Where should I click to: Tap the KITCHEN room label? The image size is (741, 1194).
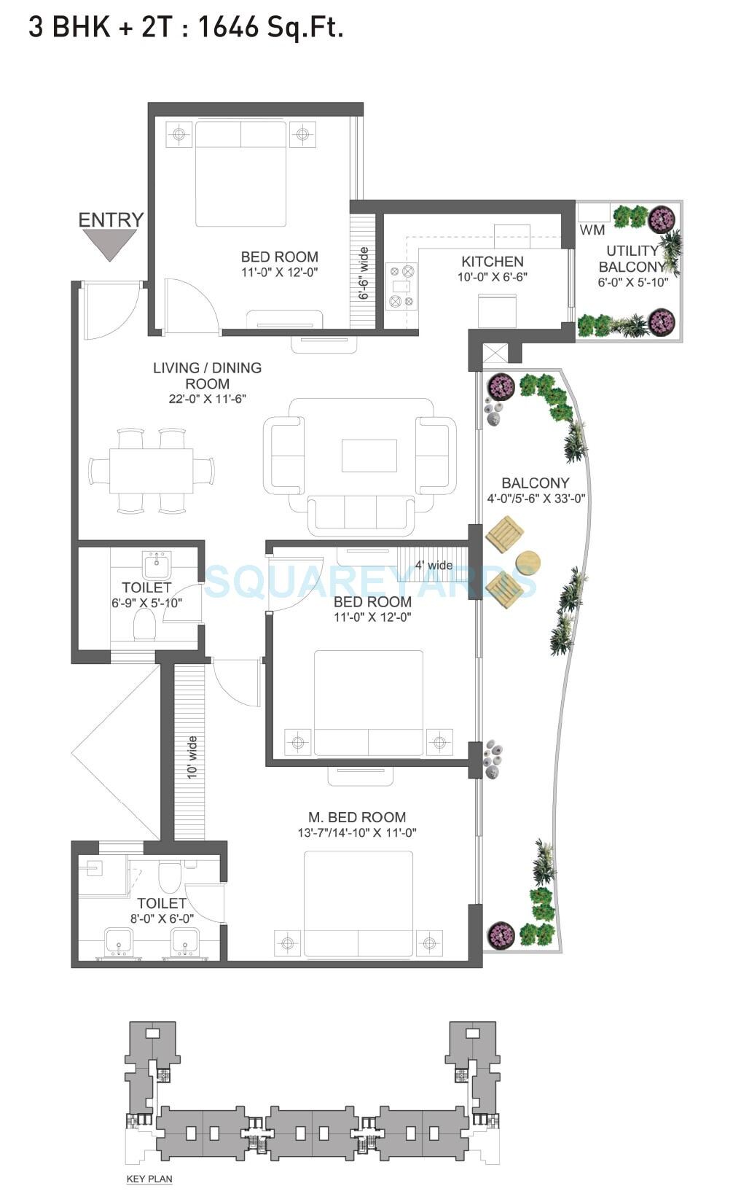pyautogui.click(x=492, y=261)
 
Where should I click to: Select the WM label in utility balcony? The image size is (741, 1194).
pyautogui.click(x=592, y=230)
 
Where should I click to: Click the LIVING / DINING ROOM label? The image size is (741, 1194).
pyautogui.click(x=207, y=375)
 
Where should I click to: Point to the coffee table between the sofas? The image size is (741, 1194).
pyautogui.click(x=369, y=456)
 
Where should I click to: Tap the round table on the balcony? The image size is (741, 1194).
pyautogui.click(x=528, y=563)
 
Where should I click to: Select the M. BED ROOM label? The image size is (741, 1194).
pyautogui.click(x=356, y=817)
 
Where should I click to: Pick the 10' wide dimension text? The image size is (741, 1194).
pyautogui.click(x=192, y=758)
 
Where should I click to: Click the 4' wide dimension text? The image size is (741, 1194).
pyautogui.click(x=434, y=565)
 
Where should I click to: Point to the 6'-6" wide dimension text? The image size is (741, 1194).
pyautogui.click(x=364, y=274)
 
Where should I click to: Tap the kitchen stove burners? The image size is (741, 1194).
pyautogui.click(x=401, y=286)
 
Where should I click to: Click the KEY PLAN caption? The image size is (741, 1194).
pyautogui.click(x=149, y=1179)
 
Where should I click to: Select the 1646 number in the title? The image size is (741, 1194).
pyautogui.click(x=228, y=27)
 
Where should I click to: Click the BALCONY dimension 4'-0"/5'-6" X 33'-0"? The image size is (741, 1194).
pyautogui.click(x=536, y=499)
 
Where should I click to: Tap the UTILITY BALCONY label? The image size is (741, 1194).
pyautogui.click(x=632, y=259)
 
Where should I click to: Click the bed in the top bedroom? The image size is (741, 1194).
pyautogui.click(x=240, y=175)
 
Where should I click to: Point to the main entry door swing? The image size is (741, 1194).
pyautogui.click(x=109, y=306)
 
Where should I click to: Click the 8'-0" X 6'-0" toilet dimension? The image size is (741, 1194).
pyautogui.click(x=162, y=919)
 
